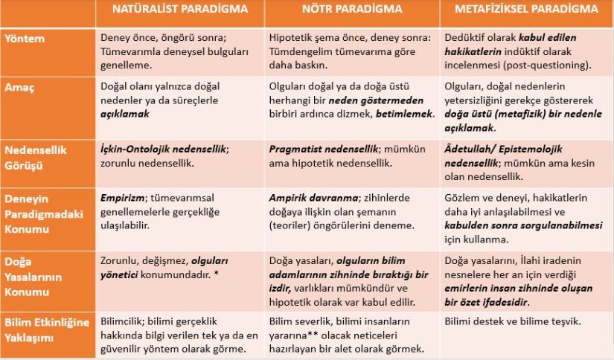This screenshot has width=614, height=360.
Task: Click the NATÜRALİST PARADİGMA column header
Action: point(179,10)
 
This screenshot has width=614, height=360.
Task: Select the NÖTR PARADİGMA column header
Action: point(352,10)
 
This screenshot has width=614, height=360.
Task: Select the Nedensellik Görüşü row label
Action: point(36,155)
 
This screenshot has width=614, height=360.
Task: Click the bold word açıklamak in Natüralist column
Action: point(125,115)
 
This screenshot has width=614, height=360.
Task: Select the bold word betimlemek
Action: point(403,115)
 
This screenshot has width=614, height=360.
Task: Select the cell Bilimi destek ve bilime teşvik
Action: point(512,322)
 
